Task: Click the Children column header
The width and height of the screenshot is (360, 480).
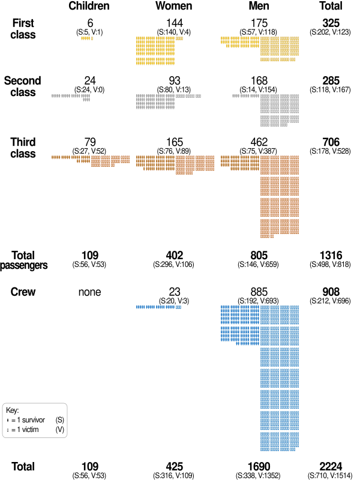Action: point(89,7)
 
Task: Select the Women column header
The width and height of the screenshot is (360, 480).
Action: point(174,7)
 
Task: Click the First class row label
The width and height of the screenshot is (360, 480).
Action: point(23,28)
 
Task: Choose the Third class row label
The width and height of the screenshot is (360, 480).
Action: point(23,148)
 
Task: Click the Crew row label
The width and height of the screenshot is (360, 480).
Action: point(23,292)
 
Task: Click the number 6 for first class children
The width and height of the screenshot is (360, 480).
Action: point(89,23)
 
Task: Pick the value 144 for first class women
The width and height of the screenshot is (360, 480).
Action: point(174,23)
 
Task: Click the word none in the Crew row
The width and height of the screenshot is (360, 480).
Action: point(89,292)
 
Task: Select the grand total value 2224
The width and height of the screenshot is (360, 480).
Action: point(331,467)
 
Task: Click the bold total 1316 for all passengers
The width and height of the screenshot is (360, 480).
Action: point(331,256)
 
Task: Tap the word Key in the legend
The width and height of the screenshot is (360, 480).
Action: point(13,410)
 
